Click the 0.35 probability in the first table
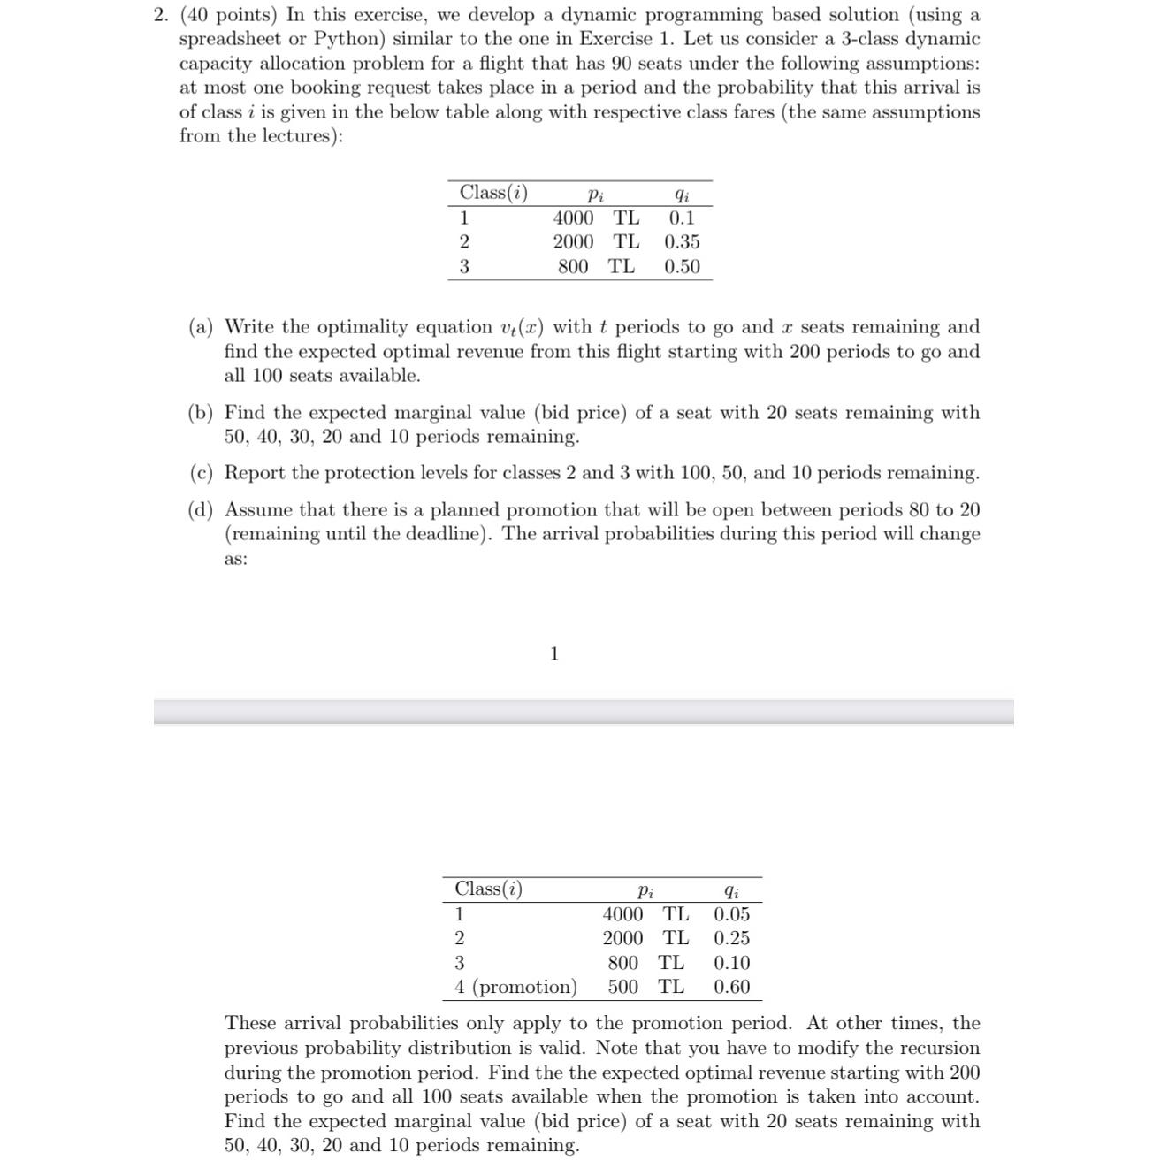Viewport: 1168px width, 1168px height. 682,242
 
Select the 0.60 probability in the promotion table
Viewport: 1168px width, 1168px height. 731,987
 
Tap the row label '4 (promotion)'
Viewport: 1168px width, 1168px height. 515,987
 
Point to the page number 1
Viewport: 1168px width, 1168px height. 554,654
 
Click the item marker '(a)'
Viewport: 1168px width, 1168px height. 201,327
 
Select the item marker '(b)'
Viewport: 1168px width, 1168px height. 201,413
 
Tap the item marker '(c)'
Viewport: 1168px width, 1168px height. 201,473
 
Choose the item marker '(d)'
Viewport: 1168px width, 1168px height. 201,510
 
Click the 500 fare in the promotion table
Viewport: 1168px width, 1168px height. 622,987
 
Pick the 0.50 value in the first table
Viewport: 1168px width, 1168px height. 682,267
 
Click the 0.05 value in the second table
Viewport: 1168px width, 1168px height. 731,914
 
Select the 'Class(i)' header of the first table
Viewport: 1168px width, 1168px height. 493,193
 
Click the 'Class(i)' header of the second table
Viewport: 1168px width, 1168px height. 488,889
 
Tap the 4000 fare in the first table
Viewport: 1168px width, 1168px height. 573,218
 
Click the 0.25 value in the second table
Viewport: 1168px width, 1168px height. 731,938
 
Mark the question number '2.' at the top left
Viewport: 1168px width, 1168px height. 160,15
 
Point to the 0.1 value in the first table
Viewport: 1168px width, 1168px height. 682,218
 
